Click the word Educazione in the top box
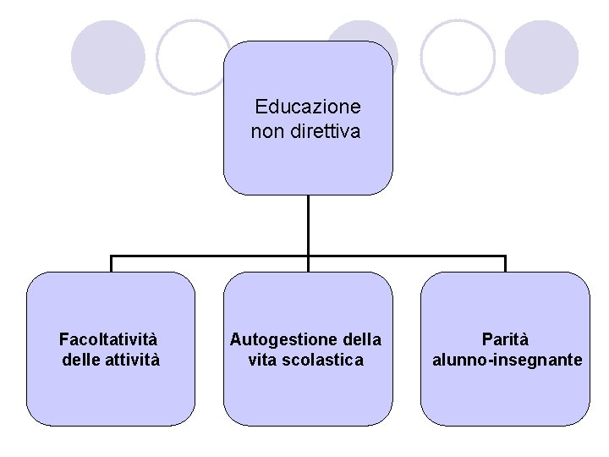pyautogui.click(x=308, y=107)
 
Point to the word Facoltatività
pyautogui.click(x=108, y=339)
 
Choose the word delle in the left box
pyautogui.click(x=82, y=360)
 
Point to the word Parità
pyautogui.click(x=505, y=339)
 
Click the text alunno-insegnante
pyautogui.click(x=507, y=360)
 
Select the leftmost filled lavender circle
pyautogui.click(x=107, y=57)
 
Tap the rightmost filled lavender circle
pyautogui.click(x=541, y=57)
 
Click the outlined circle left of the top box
pyautogui.click(x=193, y=57)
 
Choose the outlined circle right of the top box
pyautogui.click(x=458, y=57)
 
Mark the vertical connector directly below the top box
pyautogui.click(x=308, y=225)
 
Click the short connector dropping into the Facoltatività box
pyautogui.click(x=111, y=263)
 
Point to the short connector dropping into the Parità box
pyautogui.click(x=505, y=263)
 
